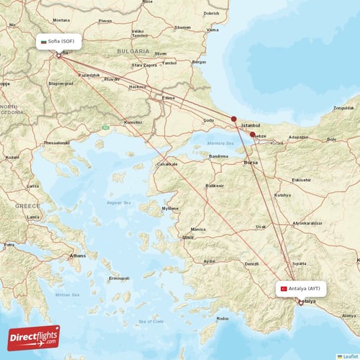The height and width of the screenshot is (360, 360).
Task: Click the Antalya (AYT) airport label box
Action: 302,289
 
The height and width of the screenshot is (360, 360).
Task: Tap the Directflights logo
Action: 34,338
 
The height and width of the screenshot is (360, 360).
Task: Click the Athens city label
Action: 77,256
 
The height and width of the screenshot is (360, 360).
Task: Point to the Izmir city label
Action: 189,237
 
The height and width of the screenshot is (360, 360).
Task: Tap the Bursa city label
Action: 251,163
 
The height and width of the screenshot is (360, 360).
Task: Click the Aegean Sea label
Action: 118,203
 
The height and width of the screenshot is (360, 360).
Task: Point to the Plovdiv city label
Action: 112,78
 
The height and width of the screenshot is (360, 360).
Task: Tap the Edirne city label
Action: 168,97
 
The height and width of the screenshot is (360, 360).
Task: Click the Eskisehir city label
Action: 302,179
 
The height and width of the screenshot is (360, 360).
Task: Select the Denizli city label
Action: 251,264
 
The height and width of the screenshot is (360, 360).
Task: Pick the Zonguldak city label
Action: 343,108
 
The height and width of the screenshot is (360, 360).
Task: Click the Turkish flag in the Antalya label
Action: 284,289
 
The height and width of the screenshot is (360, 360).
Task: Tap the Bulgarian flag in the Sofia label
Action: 45,42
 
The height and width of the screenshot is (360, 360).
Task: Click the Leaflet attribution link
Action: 350,356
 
